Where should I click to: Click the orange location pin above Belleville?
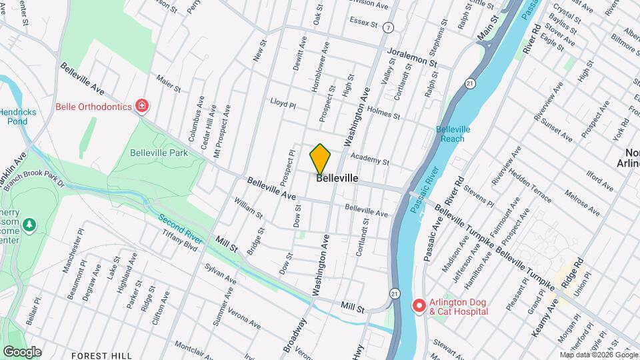point(320,159)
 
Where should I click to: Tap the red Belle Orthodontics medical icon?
point(141,106)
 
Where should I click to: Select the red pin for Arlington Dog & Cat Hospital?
point(419,306)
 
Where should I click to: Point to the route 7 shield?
point(389,27)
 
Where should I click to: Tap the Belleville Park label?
point(159,153)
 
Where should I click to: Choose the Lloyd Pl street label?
point(283,103)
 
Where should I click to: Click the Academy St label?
point(369,160)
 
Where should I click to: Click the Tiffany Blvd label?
point(181,243)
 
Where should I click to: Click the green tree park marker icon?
point(29,227)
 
